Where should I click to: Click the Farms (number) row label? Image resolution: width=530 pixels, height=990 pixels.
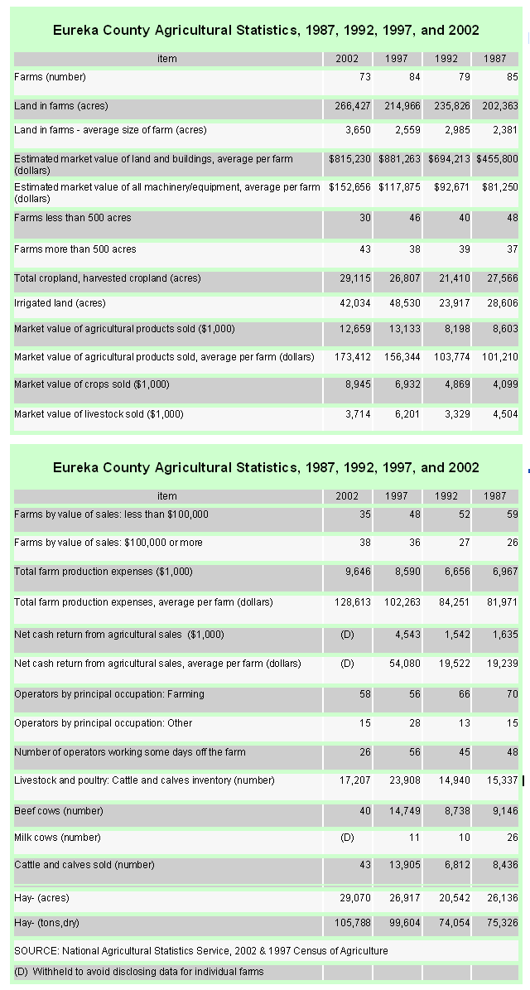pos(50,77)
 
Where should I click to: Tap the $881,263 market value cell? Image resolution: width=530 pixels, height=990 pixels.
pos(399,159)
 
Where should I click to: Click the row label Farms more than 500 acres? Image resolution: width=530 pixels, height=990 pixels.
pos(75,249)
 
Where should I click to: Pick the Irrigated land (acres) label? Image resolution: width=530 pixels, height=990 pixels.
pos(60,303)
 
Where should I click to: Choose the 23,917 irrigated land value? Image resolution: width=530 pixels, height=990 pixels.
pos(455,303)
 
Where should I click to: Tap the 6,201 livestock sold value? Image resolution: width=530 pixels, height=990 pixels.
pos(407,414)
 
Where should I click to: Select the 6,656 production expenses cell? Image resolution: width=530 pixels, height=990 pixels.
pos(457,572)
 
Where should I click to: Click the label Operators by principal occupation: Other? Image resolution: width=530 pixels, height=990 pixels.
pos(103,723)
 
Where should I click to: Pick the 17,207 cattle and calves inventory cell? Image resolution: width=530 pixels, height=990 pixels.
pos(355,780)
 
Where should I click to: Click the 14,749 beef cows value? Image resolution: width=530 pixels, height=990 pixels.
pos(405,811)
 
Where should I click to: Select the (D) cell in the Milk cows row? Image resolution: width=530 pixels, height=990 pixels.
pos(347,838)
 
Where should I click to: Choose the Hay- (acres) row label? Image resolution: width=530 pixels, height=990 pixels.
pos(41,898)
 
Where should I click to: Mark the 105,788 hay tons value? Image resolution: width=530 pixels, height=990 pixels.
pos(353,923)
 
